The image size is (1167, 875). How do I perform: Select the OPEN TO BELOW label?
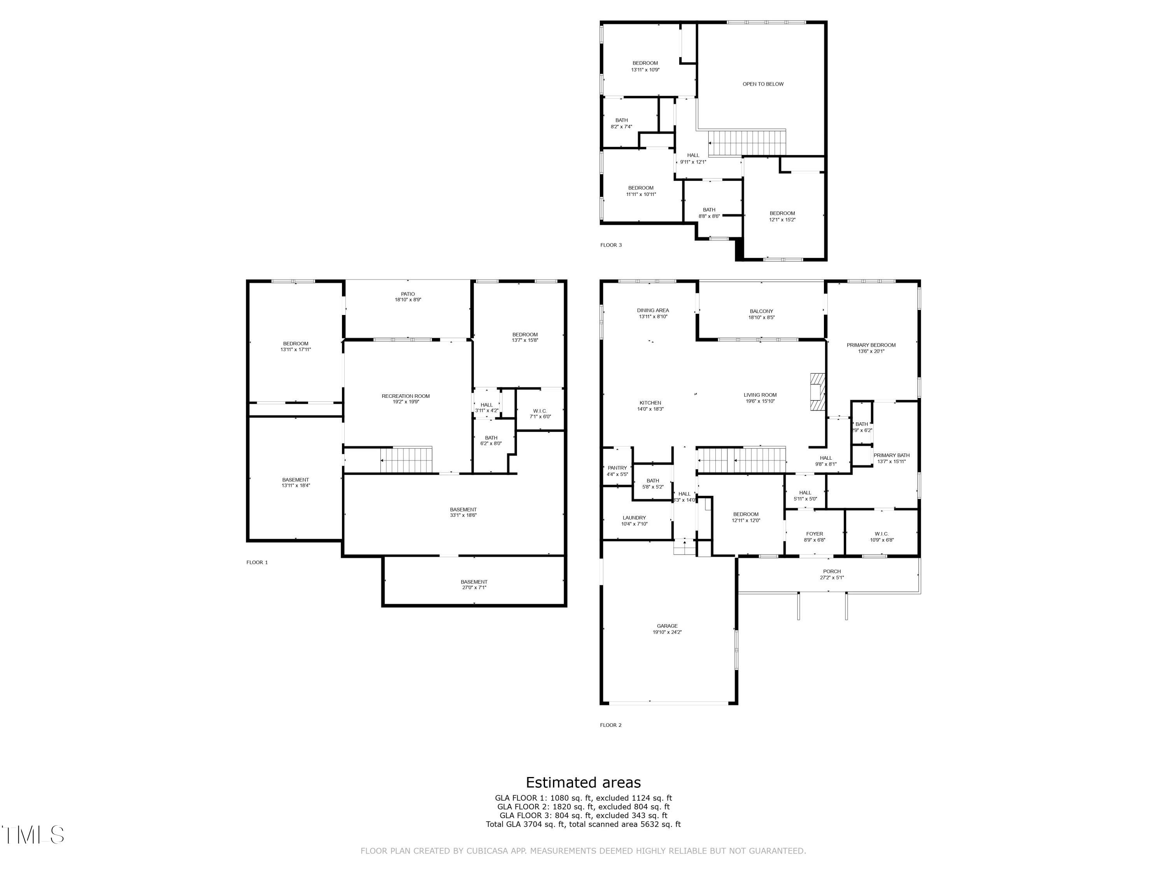pos(763,84)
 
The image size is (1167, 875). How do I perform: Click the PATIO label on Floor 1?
pos(408,294)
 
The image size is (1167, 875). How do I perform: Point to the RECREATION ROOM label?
pos(406,396)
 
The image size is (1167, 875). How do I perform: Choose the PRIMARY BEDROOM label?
pos(871,345)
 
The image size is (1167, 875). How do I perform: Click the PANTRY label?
pos(617,468)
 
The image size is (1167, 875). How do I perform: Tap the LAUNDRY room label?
pos(634,518)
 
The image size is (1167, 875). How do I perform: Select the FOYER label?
pos(815,534)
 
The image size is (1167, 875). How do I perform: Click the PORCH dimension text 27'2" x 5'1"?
pos(832,577)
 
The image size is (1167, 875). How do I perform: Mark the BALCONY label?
pos(761,311)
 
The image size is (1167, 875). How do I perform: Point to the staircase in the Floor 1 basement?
pos(406,460)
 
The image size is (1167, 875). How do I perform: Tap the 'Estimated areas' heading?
pos(583,782)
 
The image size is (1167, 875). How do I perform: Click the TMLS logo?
pos(33,835)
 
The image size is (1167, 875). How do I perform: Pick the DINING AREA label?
pos(653,310)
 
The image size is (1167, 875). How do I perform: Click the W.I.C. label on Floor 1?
pos(540,411)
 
